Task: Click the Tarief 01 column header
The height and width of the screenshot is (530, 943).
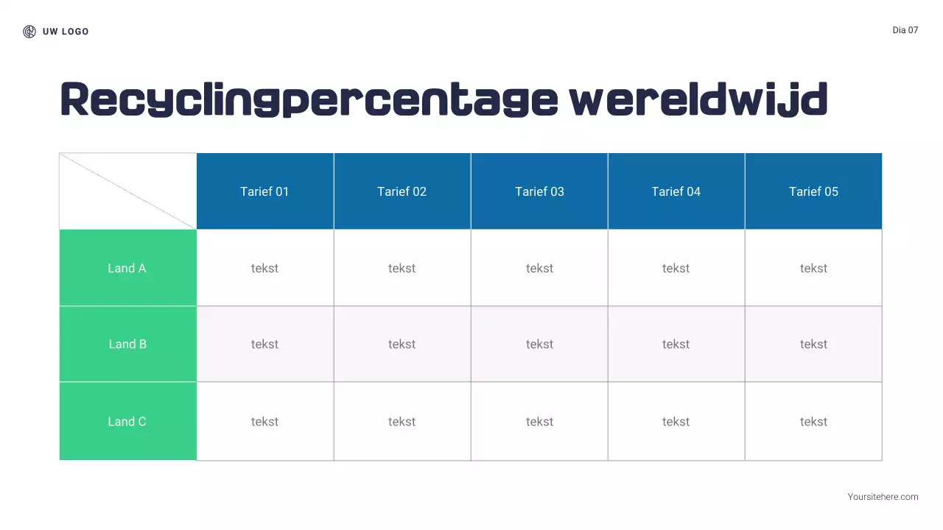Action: pos(264,191)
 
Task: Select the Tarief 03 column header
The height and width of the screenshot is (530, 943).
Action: pos(539,191)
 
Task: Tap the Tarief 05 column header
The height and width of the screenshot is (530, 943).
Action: pos(813,191)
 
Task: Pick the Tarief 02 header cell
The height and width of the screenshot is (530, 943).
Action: pos(402,191)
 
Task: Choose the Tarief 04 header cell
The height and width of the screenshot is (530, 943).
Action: pos(676,191)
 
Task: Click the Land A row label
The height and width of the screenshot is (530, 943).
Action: pos(127,268)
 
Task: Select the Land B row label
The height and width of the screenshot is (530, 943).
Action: pos(127,344)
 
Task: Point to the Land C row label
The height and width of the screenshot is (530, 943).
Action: pos(127,421)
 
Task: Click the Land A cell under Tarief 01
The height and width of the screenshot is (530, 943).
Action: pos(264,268)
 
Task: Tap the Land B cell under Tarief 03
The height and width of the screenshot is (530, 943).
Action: pos(539,344)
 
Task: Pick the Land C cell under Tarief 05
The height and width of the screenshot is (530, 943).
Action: pos(813,421)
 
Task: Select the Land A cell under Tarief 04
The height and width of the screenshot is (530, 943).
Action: pos(676,268)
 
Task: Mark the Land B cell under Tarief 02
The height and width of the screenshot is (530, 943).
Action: pos(402,344)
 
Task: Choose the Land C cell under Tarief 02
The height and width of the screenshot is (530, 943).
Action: pos(402,421)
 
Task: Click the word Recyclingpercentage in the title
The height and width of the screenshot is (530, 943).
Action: pos(309,100)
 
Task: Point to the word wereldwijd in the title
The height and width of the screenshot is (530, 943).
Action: pos(698,100)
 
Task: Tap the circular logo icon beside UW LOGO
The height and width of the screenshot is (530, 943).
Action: pos(29,32)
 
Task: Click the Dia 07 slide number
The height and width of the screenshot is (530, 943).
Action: pos(905,30)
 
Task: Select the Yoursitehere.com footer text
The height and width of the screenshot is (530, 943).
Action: pos(883,497)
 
